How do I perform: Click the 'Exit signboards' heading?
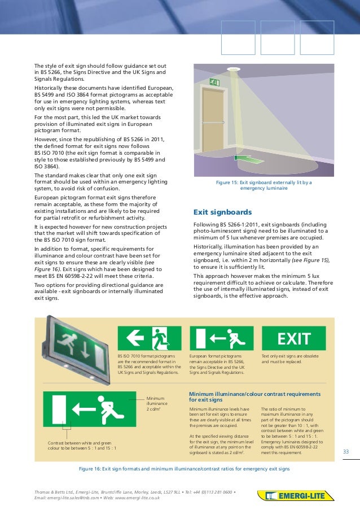(x=222, y=213)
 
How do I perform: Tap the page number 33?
(x=346, y=451)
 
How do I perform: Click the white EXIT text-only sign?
(x=294, y=339)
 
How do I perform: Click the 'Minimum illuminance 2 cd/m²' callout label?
(x=156, y=403)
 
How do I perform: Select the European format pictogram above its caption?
(x=221, y=339)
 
